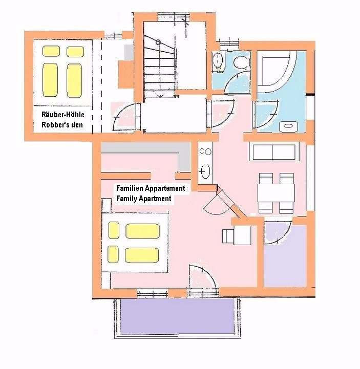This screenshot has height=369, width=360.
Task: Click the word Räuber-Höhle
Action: pyautogui.click(x=63, y=115)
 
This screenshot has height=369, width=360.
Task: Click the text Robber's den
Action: pyautogui.click(x=62, y=125)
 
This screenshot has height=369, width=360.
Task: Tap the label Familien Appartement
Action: pyautogui.click(x=151, y=188)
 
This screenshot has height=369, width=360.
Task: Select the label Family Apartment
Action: pyautogui.click(x=143, y=199)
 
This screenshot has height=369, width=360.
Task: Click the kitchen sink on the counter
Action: pyautogui.click(x=205, y=171)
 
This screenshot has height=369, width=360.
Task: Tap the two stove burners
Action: pyautogui.click(x=205, y=151)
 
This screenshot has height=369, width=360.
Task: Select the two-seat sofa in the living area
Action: pyautogui.click(x=274, y=153)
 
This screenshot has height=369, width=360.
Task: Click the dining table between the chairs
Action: pyautogui.click(x=276, y=193)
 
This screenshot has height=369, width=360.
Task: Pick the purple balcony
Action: pyautogui.click(x=177, y=316)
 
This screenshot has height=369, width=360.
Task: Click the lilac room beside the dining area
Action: pyautogui.click(x=285, y=255)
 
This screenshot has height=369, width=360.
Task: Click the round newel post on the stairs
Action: pyautogui.click(x=158, y=42)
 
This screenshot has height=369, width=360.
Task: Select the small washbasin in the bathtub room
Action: pyautogui.click(x=288, y=126)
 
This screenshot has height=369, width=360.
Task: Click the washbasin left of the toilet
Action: pyautogui.click(x=218, y=61)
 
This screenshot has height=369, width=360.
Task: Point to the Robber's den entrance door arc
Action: pyautogui.click(x=122, y=115)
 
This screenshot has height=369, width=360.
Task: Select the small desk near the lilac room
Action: pyautogui.click(x=237, y=235)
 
